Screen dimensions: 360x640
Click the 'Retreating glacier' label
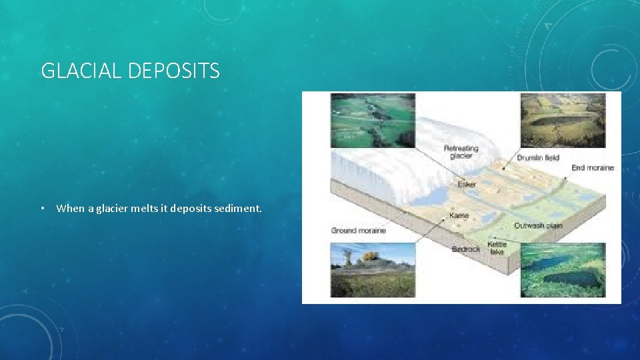click(x=461, y=151)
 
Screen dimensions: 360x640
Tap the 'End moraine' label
click(x=592, y=168)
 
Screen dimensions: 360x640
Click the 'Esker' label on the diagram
click(x=467, y=183)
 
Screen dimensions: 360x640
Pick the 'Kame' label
click(x=459, y=215)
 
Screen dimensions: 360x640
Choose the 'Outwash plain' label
click(x=538, y=225)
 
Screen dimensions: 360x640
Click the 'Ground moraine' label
click(x=358, y=231)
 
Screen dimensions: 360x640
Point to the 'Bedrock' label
click(x=465, y=249)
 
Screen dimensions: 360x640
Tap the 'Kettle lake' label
click(x=497, y=248)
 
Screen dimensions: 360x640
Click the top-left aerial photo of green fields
click(x=373, y=120)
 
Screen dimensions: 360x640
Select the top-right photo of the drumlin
click(x=562, y=120)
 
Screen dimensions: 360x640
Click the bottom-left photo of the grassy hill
click(x=373, y=270)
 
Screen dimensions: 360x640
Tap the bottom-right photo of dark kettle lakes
click(x=562, y=270)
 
